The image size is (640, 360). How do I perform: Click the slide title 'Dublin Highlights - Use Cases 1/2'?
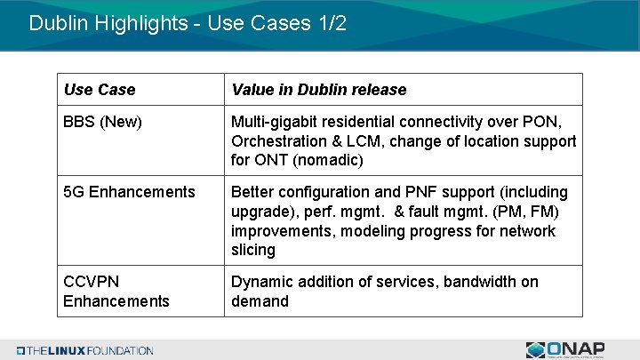187,23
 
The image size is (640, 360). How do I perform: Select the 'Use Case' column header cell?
100,90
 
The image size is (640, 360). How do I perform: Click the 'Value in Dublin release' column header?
318,90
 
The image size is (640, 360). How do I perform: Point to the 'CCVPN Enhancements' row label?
116,292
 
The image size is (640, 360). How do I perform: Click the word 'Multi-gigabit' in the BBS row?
275,122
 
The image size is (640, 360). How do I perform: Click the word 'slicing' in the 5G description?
253,251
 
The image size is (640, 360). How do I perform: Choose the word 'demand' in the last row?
260,301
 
